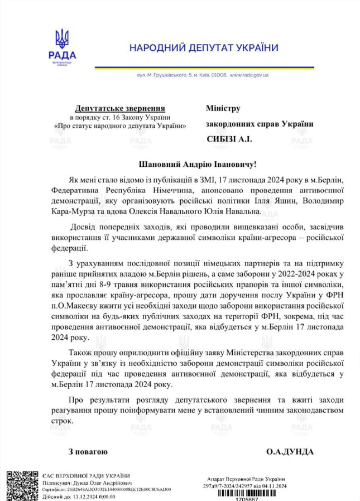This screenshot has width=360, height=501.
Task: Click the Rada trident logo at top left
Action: click(62, 39)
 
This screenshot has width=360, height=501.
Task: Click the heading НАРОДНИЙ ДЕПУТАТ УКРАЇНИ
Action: click(211, 48)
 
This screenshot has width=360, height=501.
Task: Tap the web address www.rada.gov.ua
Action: click(249, 75)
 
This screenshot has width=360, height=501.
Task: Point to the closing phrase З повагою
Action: click(88, 451)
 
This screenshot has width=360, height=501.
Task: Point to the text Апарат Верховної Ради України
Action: click(246, 479)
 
